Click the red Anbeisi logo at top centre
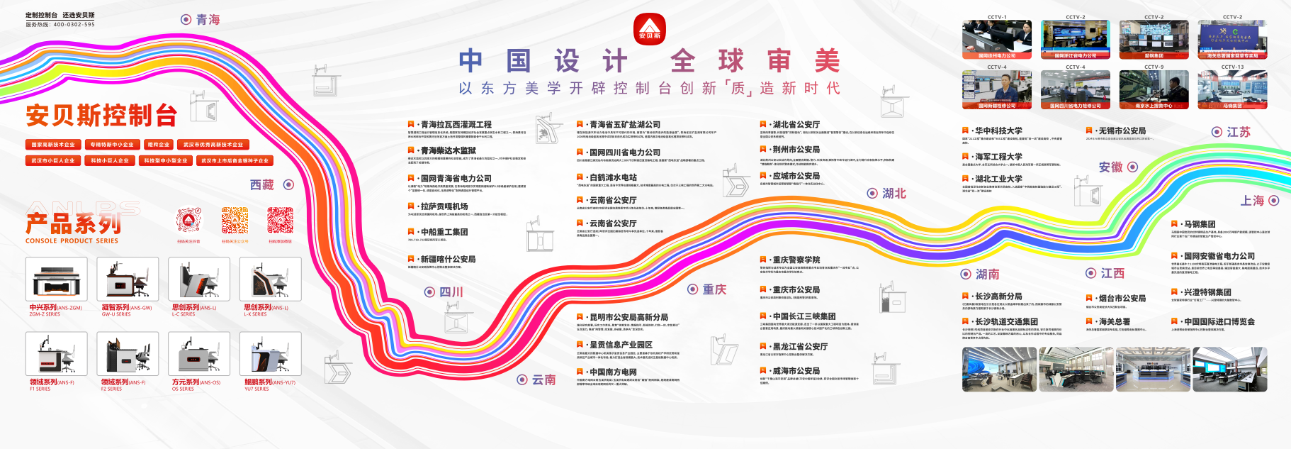[x=649, y=28]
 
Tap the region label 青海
[x=208, y=20]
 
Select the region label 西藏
[x=261, y=184]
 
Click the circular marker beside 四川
[x=429, y=292]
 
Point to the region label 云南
[x=543, y=379]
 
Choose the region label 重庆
[x=714, y=289]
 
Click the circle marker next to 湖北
[x=872, y=193]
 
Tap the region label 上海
[x=1252, y=201]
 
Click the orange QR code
[x=235, y=221]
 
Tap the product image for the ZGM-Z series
[x=57, y=279]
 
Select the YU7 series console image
[x=270, y=353]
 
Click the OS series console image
[x=198, y=353]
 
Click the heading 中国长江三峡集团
[x=804, y=316]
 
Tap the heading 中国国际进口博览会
[x=1219, y=321]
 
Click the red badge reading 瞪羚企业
[x=158, y=144]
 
